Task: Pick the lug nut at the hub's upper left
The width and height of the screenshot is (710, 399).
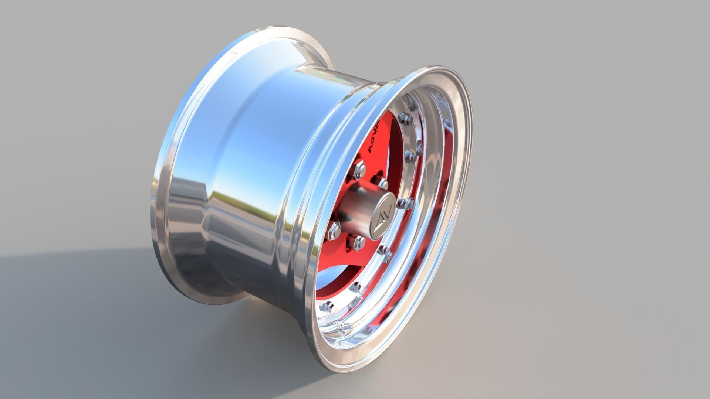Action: coord(360,169)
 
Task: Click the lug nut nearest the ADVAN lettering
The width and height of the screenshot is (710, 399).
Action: coord(383,183)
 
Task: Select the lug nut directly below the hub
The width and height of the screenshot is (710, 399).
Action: coord(358,242)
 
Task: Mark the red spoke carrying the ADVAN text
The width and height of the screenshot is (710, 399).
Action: coord(381,148)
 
